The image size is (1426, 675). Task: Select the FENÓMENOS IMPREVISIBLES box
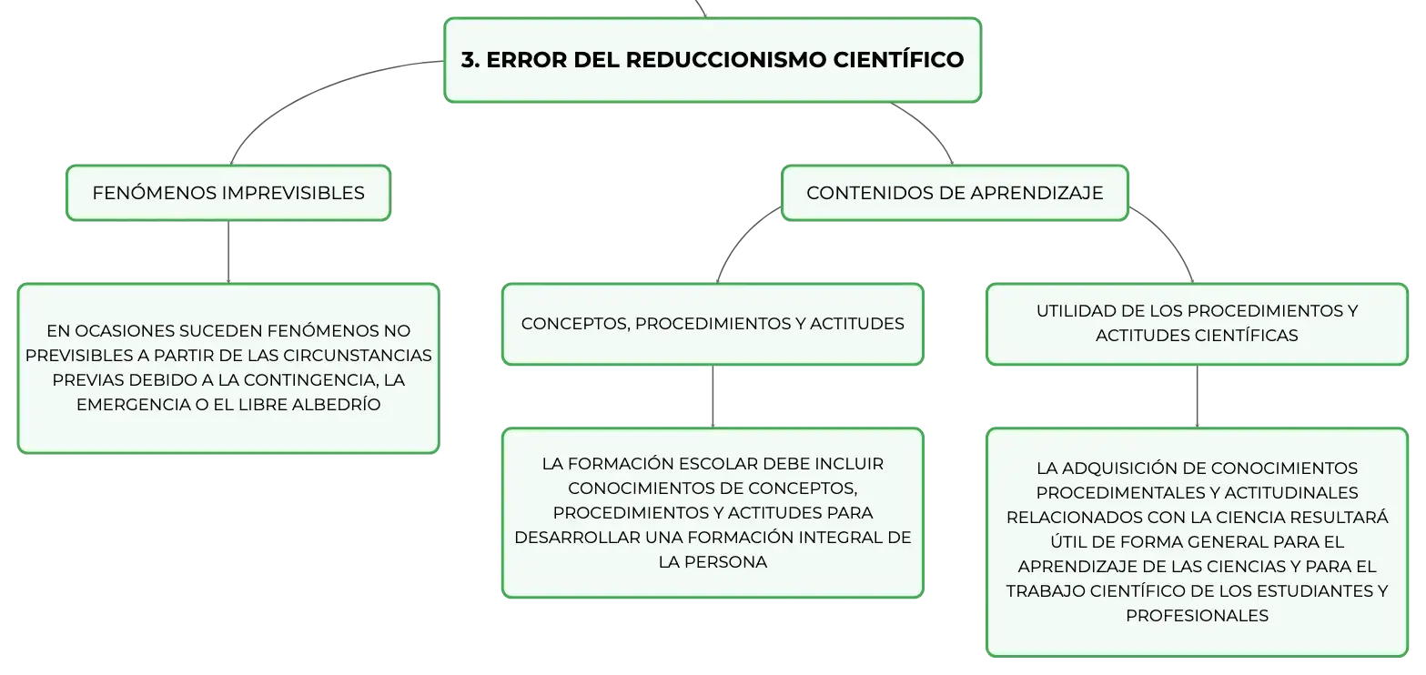click(228, 193)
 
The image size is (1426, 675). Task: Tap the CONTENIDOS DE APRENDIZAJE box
click(955, 193)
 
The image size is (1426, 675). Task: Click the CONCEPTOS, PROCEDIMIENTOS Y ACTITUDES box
click(713, 324)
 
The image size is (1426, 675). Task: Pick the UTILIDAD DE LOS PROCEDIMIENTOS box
click(1198, 324)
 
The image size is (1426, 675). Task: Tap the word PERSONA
click(725, 562)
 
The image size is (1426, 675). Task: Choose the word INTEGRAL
click(840, 538)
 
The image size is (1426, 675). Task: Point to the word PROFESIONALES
click(1198, 616)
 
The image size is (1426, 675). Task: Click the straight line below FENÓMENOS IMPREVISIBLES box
click(228, 252)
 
